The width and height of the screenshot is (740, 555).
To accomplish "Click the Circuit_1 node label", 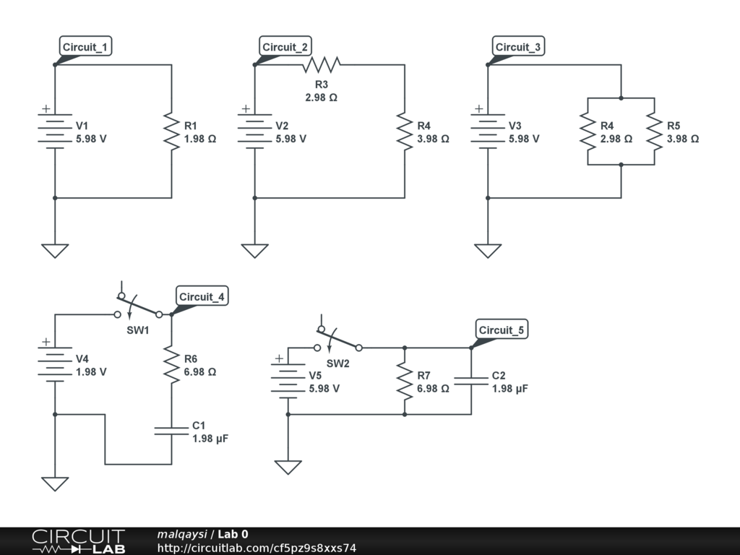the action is [86, 46].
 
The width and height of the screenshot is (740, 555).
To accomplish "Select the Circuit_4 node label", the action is [202, 296].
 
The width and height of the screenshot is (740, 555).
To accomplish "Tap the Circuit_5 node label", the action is [502, 330].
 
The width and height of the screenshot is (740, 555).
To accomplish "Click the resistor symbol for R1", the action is [172, 132].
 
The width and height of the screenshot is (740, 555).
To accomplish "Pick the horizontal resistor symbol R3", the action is [322, 64].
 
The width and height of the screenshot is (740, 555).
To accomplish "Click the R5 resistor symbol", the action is [655, 132].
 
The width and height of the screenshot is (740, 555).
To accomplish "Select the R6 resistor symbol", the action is [172, 364].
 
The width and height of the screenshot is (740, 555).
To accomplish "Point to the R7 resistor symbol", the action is [405, 382].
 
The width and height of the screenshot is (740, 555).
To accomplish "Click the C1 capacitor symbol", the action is [172, 431].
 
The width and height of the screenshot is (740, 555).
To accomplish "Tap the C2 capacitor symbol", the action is [471, 381].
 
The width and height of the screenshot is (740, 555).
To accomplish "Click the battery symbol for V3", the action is [488, 132].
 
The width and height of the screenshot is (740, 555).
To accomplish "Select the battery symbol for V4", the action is [55, 364].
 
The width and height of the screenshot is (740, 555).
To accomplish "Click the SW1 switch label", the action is [138, 330].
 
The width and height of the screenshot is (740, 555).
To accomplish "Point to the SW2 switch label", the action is [338, 363].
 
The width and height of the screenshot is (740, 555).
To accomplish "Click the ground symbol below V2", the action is [255, 251].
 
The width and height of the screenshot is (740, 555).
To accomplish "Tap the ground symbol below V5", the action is [288, 468].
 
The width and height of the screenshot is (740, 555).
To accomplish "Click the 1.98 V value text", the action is [91, 372].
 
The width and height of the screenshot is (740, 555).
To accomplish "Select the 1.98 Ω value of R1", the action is [200, 139].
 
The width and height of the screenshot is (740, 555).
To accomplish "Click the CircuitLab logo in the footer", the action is [78, 541].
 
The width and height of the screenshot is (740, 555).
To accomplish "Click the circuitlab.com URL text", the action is [257, 548].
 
